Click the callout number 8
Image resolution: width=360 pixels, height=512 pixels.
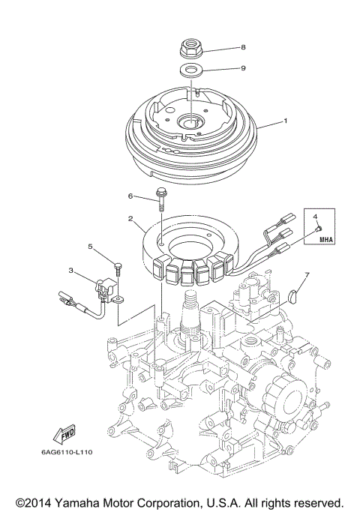point(243,47)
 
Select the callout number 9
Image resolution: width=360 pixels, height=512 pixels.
point(243,67)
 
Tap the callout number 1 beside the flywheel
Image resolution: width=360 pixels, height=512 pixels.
point(284,121)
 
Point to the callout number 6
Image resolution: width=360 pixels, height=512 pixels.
point(130,196)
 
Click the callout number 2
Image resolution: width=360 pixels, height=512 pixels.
point(130,220)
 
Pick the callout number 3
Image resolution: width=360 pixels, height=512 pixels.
point(70,271)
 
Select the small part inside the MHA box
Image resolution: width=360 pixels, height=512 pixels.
point(318,228)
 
